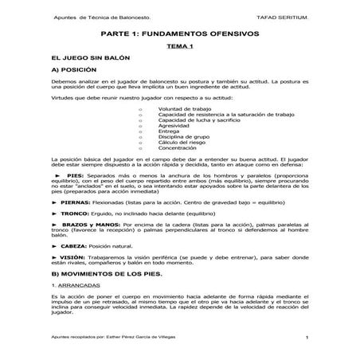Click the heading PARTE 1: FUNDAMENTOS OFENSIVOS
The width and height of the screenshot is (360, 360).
click(179, 34)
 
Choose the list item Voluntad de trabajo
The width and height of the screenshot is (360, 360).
click(184, 108)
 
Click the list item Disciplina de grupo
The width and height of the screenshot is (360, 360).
click(186, 137)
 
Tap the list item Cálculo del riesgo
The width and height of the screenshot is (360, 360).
click(184, 143)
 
